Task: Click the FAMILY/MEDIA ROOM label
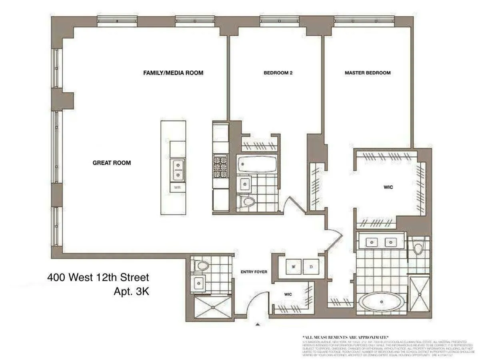pos(173,73)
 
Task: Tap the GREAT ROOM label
pos(112,163)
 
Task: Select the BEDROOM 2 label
pos(276,73)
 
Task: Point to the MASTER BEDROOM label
pos(368,73)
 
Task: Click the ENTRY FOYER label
pos(254,272)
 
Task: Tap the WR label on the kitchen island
pos(177,187)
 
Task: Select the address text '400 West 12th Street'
pos(98,277)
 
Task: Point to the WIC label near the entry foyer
pos(288,294)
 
